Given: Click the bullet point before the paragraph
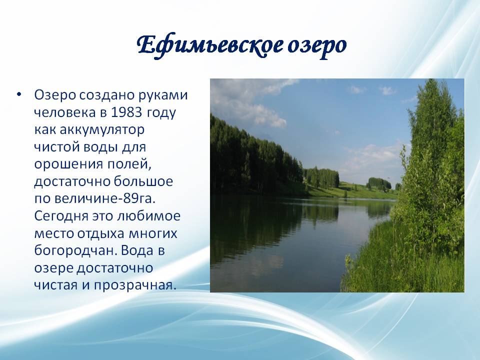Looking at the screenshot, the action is click(19, 94).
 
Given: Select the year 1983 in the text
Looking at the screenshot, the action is click(126, 112).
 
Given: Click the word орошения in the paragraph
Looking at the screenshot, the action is click(68, 164).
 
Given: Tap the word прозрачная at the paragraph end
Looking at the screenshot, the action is click(135, 285).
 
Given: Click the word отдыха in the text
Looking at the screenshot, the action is click(100, 234).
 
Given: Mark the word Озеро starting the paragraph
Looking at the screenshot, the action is click(55, 95).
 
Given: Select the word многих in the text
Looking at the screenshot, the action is click(153, 234).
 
